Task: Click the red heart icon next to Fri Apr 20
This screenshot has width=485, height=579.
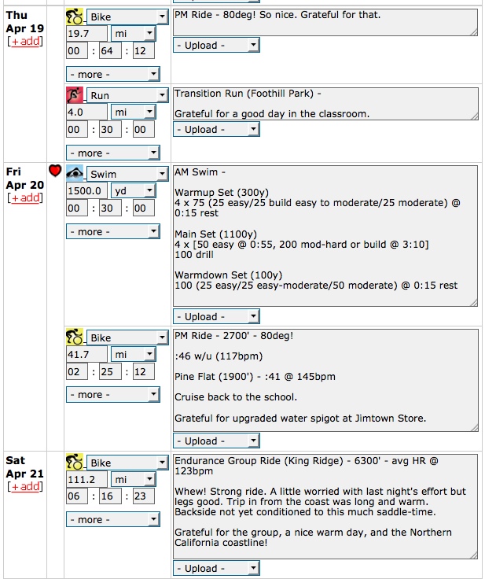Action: pyautogui.click(x=55, y=170)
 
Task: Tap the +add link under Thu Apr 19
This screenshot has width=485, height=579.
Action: pyautogui.click(x=25, y=41)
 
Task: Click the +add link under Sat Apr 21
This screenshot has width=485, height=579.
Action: pyautogui.click(x=25, y=486)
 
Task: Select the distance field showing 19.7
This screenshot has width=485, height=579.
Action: pyautogui.click(x=86, y=34)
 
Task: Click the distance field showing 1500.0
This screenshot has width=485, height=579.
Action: pyautogui.click(x=86, y=191)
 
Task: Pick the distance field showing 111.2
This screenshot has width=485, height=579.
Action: pyautogui.click(x=86, y=480)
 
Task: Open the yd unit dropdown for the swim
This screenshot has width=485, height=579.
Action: pyautogui.click(x=134, y=191)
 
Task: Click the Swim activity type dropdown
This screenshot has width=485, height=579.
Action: pyautogui.click(x=127, y=174)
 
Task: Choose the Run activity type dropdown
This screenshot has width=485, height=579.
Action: pyautogui.click(x=127, y=95)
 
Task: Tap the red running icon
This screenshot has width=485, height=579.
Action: pyautogui.click(x=75, y=95)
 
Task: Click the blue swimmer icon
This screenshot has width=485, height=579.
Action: pyautogui.click(x=75, y=173)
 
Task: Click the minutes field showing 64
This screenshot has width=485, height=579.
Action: pyautogui.click(x=110, y=50)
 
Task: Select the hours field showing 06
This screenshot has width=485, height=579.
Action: pyautogui.click(x=77, y=496)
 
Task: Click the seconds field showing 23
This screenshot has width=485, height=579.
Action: pyautogui.click(x=144, y=496)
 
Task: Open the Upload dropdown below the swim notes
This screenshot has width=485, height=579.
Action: pyautogui.click(x=216, y=316)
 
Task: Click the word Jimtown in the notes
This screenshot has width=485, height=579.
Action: pyautogui.click(x=372, y=419)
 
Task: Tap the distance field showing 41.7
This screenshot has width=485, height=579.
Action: pyautogui.click(x=86, y=355)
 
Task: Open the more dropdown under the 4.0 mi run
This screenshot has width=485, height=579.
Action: pyautogui.click(x=113, y=153)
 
